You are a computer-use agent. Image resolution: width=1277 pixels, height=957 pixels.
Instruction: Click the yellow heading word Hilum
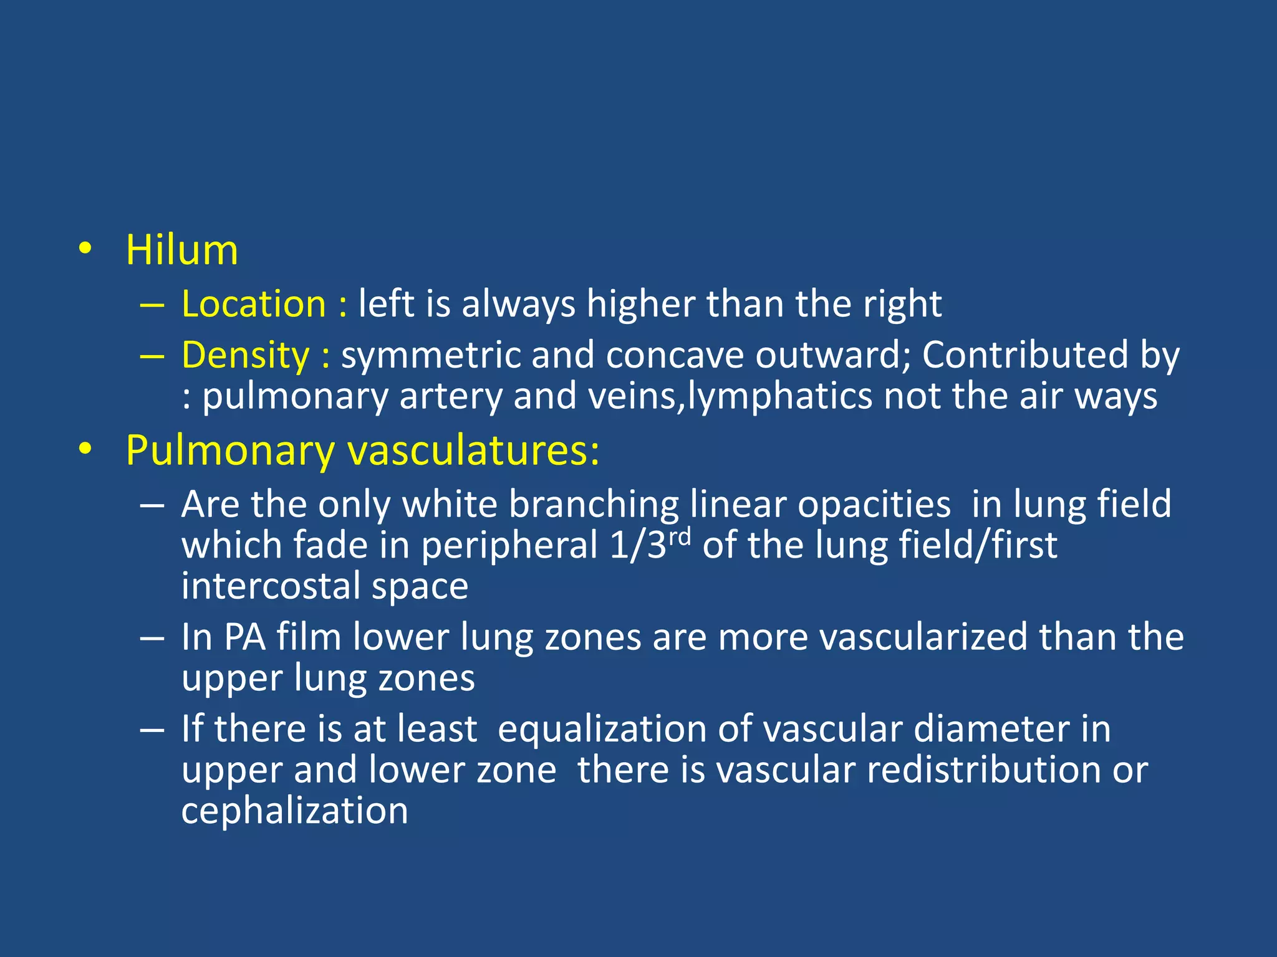pyautogui.click(x=181, y=250)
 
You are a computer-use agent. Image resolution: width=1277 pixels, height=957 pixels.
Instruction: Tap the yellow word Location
pyautogui.click(x=254, y=305)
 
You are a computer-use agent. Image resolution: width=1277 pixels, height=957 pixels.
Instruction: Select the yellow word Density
pyautogui.click(x=245, y=356)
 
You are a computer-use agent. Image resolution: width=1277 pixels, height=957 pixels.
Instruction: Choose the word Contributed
pyautogui.click(x=1025, y=356)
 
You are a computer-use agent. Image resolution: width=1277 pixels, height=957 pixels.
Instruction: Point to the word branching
pyautogui.click(x=594, y=504)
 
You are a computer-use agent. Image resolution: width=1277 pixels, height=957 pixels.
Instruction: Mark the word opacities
pyautogui.click(x=874, y=504)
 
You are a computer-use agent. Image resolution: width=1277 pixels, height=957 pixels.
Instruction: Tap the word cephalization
pyautogui.click(x=294, y=811)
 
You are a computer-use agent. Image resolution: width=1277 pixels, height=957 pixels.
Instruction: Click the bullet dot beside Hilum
pyautogui.click(x=85, y=249)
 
